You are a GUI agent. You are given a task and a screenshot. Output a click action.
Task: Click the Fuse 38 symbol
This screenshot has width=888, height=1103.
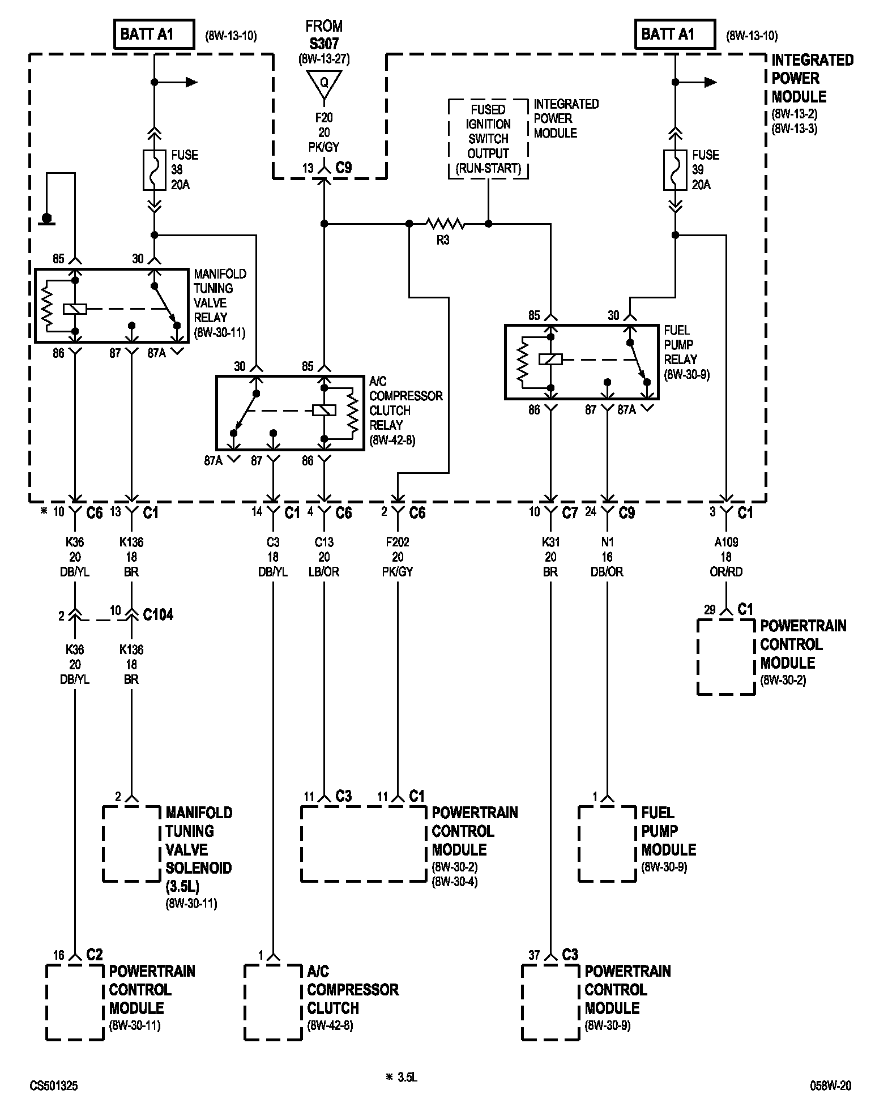[x=154, y=170]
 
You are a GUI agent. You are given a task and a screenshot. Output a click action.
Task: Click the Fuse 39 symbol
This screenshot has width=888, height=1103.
[x=675, y=170]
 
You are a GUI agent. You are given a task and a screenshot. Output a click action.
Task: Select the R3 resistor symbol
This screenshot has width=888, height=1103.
[x=445, y=224]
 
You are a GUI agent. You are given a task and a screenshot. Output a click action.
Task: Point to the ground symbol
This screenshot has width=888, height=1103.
[x=46, y=219]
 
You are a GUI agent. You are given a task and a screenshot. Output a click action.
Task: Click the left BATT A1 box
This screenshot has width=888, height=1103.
[x=154, y=34]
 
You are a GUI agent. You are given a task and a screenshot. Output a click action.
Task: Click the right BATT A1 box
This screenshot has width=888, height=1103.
[x=675, y=34]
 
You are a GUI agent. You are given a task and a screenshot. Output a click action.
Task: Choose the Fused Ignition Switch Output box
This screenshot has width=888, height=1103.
[x=488, y=139]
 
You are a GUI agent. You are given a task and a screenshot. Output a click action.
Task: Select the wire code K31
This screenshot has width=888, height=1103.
[x=550, y=542]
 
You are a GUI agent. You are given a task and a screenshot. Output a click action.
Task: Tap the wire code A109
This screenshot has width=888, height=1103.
[x=726, y=542]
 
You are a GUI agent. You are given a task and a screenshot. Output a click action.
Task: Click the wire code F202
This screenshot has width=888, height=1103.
[x=398, y=542]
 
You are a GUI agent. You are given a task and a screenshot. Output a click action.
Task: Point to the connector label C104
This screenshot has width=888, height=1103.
[x=158, y=615]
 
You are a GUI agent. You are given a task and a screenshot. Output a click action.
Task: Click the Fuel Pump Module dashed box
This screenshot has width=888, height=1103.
[x=607, y=844]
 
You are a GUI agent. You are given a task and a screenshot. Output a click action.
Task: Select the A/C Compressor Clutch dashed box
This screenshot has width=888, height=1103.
[x=273, y=1002]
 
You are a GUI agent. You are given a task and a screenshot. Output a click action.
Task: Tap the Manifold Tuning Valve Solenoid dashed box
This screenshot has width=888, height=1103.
[x=131, y=844]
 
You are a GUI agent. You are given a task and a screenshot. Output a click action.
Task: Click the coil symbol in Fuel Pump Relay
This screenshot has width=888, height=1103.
[x=550, y=359]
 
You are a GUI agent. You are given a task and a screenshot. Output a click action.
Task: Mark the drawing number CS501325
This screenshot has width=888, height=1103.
[x=54, y=1085]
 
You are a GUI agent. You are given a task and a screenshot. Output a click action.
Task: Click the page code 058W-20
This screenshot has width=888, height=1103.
[x=830, y=1085]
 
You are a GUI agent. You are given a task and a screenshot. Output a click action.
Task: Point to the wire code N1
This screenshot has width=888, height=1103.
[x=607, y=542]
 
